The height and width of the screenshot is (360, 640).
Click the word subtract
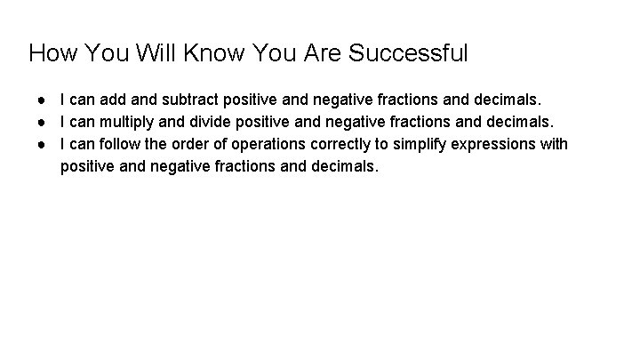pos(189,96)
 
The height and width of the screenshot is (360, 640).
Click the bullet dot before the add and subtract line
pos(41,96)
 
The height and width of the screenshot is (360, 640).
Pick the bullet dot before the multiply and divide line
pos(41,120)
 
